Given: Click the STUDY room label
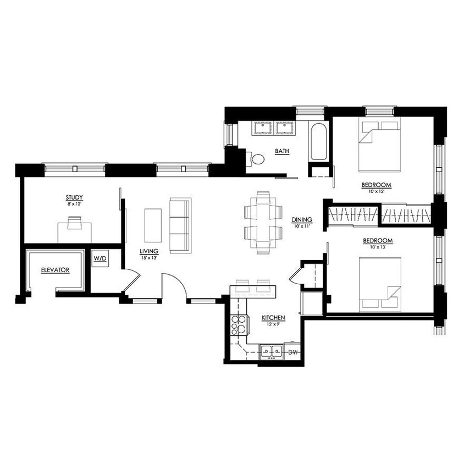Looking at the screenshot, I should [x=74, y=197].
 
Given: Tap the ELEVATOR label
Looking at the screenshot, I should [x=54, y=270].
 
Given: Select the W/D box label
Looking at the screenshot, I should [x=100, y=258].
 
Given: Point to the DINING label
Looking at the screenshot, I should [x=302, y=219].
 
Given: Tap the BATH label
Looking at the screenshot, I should [x=283, y=151].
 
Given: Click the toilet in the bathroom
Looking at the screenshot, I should [x=257, y=159].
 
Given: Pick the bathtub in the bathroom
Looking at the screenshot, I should [x=319, y=141].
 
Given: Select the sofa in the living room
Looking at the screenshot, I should [x=179, y=225].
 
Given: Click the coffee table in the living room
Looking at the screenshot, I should [x=153, y=225].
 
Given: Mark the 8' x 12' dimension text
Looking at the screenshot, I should [x=74, y=203].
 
